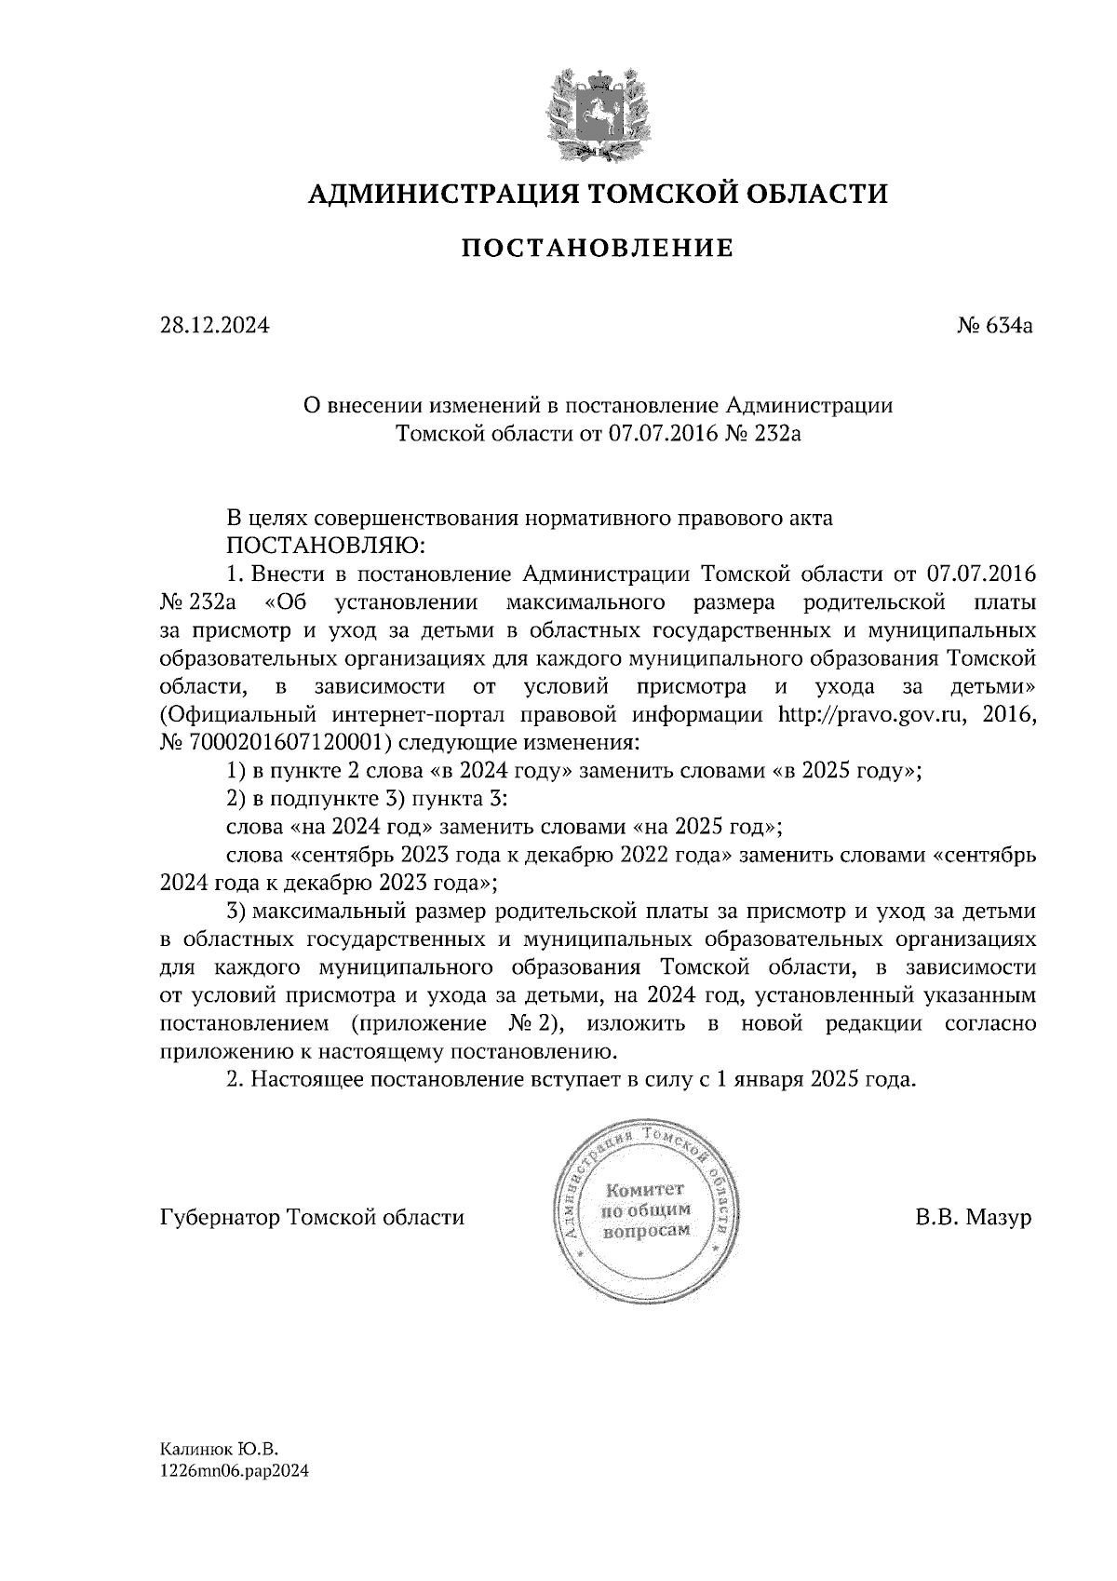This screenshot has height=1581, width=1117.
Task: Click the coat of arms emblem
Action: tap(597, 114)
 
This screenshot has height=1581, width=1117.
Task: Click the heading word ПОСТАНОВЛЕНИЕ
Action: tap(598, 249)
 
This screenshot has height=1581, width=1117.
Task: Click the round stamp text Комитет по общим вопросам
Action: tap(646, 1210)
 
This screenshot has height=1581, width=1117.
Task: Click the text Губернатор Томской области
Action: tap(313, 1217)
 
